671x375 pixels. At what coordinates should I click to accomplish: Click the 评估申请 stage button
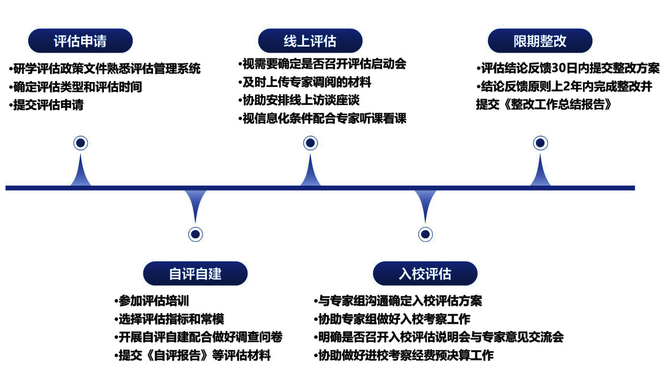point(80,41)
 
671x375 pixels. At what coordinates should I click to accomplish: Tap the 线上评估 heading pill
point(310,41)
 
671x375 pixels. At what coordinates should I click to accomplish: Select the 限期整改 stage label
point(540,41)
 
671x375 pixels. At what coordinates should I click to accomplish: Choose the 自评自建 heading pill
point(195,273)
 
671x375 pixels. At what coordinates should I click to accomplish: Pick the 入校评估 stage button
point(425,273)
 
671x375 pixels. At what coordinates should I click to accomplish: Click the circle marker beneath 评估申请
point(80,143)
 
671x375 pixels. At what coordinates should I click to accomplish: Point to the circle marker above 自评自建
point(195,234)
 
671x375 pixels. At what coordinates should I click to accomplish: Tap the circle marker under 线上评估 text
point(311,143)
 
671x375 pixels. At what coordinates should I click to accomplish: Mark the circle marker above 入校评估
point(425,234)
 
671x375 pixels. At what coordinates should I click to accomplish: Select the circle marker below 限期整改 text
point(541,143)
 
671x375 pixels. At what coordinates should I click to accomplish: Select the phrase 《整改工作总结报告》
point(557,105)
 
